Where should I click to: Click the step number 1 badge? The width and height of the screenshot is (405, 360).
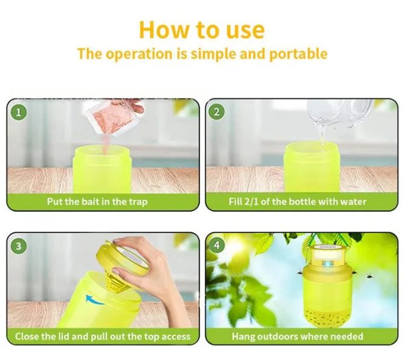pyautogui.click(x=18, y=112)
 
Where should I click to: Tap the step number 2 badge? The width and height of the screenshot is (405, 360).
pyautogui.click(x=217, y=112)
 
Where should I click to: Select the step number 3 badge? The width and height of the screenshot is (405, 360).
pyautogui.click(x=18, y=246)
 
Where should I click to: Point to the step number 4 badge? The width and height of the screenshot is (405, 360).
pyautogui.click(x=217, y=245)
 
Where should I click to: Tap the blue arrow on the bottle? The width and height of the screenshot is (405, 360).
pyautogui.click(x=94, y=300)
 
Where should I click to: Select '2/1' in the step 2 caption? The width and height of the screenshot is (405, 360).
pyautogui.click(x=251, y=201)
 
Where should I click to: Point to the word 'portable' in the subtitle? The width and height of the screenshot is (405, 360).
pyautogui.click(x=298, y=54)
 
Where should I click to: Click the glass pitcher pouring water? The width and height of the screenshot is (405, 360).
pyautogui.click(x=339, y=113)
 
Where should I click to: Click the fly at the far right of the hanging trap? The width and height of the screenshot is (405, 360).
pyautogui.click(x=370, y=276)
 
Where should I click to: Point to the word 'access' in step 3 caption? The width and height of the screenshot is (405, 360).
pyautogui.click(x=176, y=336)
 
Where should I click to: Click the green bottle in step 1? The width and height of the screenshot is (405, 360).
pyautogui.click(x=103, y=169)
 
